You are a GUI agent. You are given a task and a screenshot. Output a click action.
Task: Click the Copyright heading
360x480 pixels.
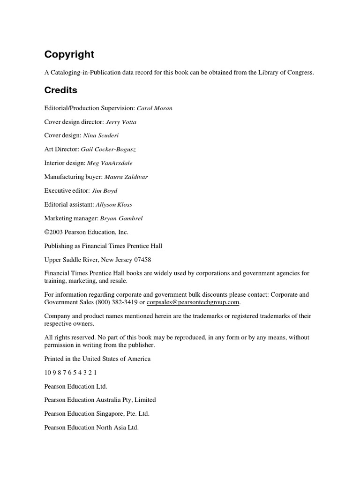[x=69, y=55]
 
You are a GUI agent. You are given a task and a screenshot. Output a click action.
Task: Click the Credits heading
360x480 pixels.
[x=61, y=90]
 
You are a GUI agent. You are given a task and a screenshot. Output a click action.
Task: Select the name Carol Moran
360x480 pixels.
[x=154, y=108]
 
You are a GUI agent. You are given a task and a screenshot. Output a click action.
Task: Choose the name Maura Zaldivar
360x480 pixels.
[x=126, y=177]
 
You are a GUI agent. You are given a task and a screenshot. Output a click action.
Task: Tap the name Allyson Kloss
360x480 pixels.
[x=114, y=205]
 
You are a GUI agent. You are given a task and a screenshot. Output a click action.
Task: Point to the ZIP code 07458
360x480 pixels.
[x=142, y=260]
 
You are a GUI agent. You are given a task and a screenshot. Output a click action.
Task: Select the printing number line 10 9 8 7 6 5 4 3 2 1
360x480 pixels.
[x=70, y=373]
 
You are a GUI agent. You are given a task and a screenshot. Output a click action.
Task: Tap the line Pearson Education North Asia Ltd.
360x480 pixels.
[x=91, y=428]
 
